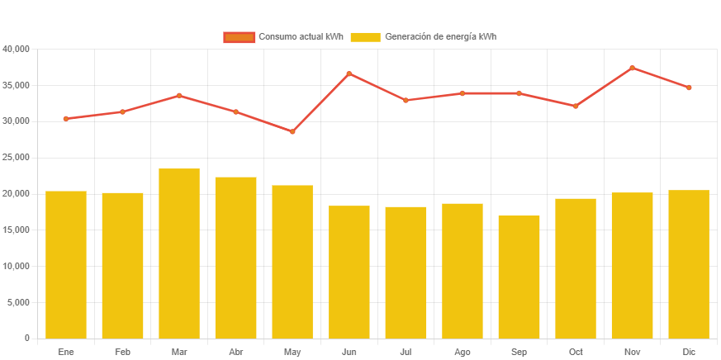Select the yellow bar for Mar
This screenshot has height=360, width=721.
tap(179, 253)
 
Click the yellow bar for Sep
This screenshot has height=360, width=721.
tap(519, 277)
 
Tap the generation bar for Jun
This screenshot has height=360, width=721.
tap(349, 272)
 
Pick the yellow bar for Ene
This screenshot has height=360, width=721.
tap(66, 264)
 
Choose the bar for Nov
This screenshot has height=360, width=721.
tap(632, 265)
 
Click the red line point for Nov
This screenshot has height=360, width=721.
tap(632, 68)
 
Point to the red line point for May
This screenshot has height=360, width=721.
tap(292, 131)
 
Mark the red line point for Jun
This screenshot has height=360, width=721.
tap(349, 73)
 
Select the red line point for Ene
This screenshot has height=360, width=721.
tap(66, 119)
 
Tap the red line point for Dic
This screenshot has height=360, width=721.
tap(689, 88)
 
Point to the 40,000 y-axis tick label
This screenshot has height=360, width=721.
tap(17, 50)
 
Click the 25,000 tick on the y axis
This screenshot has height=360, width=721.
tap(17, 158)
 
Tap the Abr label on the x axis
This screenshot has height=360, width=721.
tap(235, 352)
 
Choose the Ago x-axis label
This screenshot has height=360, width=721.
tap(462, 352)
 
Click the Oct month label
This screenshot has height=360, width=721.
tap(576, 352)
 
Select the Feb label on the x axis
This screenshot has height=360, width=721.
tap(122, 352)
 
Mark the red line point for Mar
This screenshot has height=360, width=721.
tap(179, 96)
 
